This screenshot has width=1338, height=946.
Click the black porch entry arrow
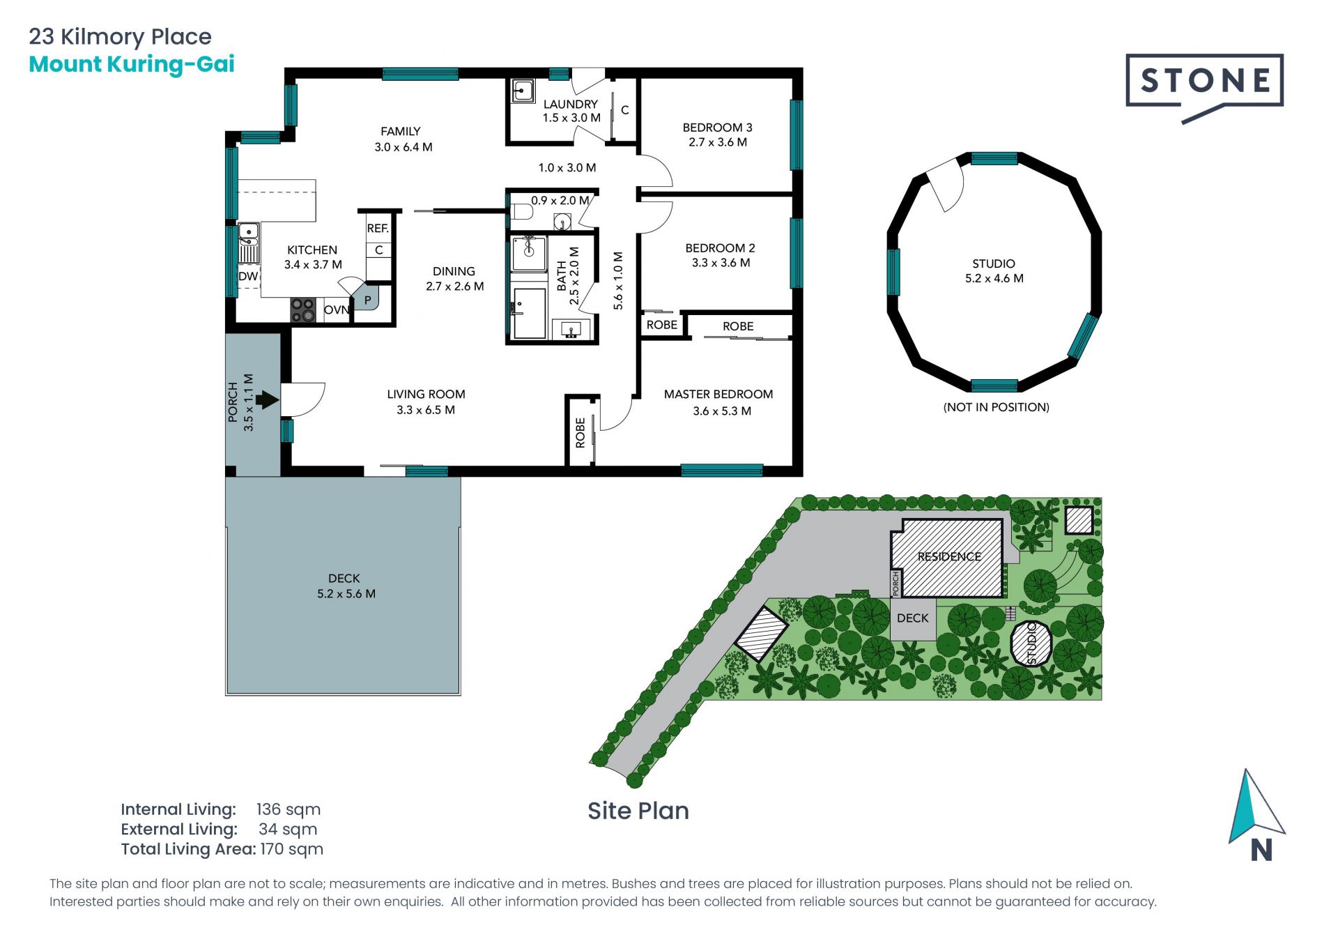point(268,400)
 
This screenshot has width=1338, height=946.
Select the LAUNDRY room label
point(570,104)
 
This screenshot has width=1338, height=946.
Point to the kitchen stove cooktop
point(303,310)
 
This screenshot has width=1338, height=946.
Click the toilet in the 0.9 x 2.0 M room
point(521,211)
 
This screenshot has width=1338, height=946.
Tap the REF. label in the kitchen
point(378,228)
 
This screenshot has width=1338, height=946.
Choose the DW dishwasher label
point(248,276)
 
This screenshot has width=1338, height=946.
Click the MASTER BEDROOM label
point(718,394)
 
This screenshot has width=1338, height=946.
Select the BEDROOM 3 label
point(717,128)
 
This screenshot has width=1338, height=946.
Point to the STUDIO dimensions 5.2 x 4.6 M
point(994,278)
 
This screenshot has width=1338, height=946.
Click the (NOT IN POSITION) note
point(996,407)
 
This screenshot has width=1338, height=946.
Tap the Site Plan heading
point(638,811)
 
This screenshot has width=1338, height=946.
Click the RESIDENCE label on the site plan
point(949,556)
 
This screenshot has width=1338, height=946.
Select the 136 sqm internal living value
point(289,809)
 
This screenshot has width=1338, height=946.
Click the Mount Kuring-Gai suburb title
point(132,64)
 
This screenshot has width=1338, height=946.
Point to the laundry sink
point(523,91)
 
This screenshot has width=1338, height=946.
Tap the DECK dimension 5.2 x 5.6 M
point(346,594)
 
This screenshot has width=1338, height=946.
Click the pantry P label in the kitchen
point(367,300)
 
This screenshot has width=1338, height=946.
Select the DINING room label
point(454,271)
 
